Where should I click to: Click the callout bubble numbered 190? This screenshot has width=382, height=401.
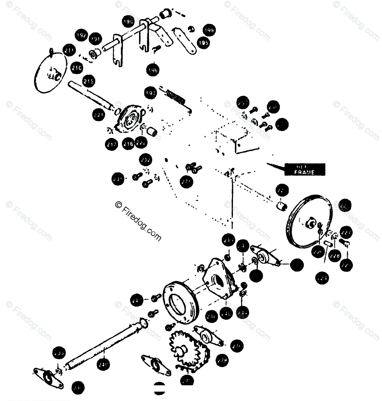coord(128,21)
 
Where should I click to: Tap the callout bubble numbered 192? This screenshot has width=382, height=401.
coord(81,35)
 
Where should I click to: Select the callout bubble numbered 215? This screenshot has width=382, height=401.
coord(88,81)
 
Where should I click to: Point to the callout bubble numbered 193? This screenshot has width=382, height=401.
coord(151,93)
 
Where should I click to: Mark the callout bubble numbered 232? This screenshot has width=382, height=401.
coord(146,160)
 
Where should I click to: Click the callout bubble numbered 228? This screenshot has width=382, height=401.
coord(335,255)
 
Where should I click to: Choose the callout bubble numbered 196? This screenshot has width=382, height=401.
coord(153,70)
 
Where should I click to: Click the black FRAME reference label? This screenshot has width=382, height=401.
coord(304,169)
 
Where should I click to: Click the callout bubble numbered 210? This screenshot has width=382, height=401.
coord(77,68)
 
